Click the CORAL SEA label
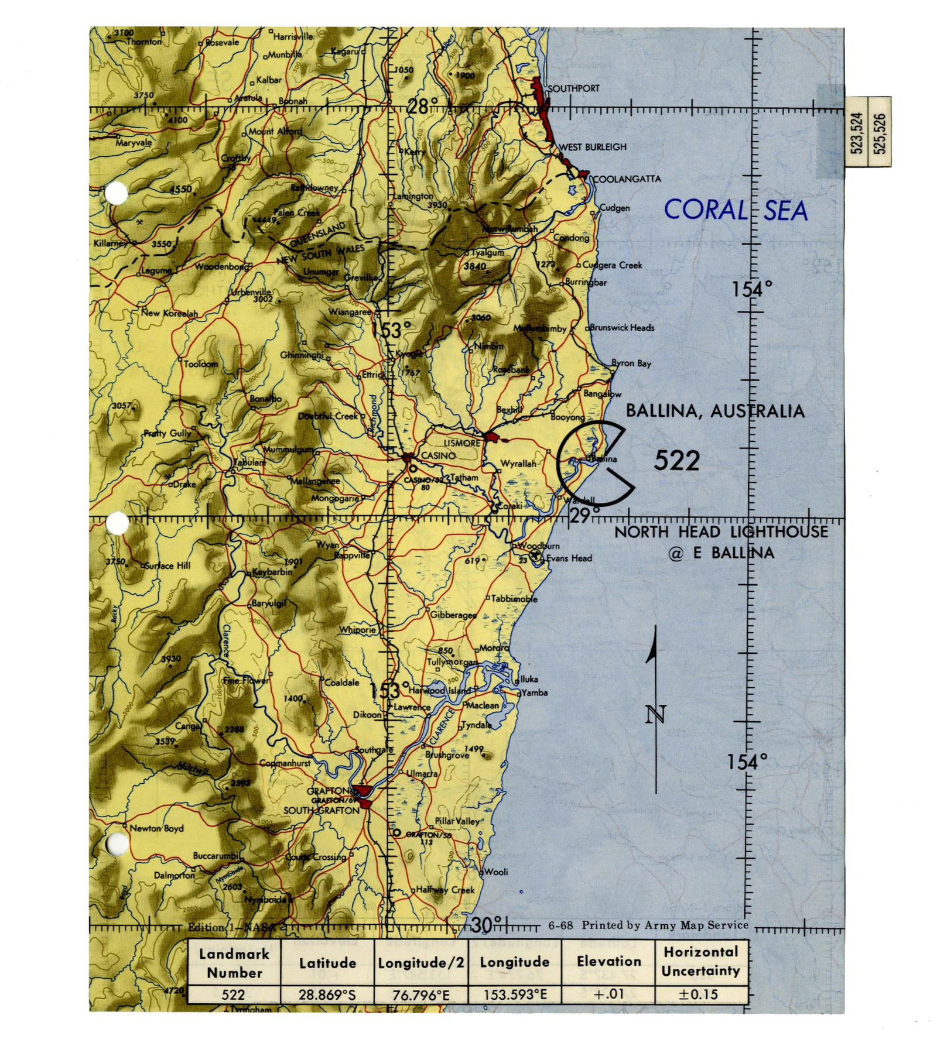tap(736, 210)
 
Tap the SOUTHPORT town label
tap(573, 88)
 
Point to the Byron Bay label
tap(631, 363)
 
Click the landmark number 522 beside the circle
tap(676, 461)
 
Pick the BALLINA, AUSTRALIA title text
tap(715, 411)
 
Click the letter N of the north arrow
tap(655, 714)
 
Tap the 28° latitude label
tap(422, 107)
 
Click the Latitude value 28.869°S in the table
tap(327, 995)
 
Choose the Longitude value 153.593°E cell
tap(514, 995)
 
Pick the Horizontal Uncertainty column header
tap(701, 961)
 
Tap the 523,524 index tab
tap(856, 132)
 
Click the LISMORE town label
tap(461, 443)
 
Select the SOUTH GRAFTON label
tap(321, 811)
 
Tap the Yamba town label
tap(535, 692)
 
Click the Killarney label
tap(110, 243)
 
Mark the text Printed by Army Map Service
tap(665, 925)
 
